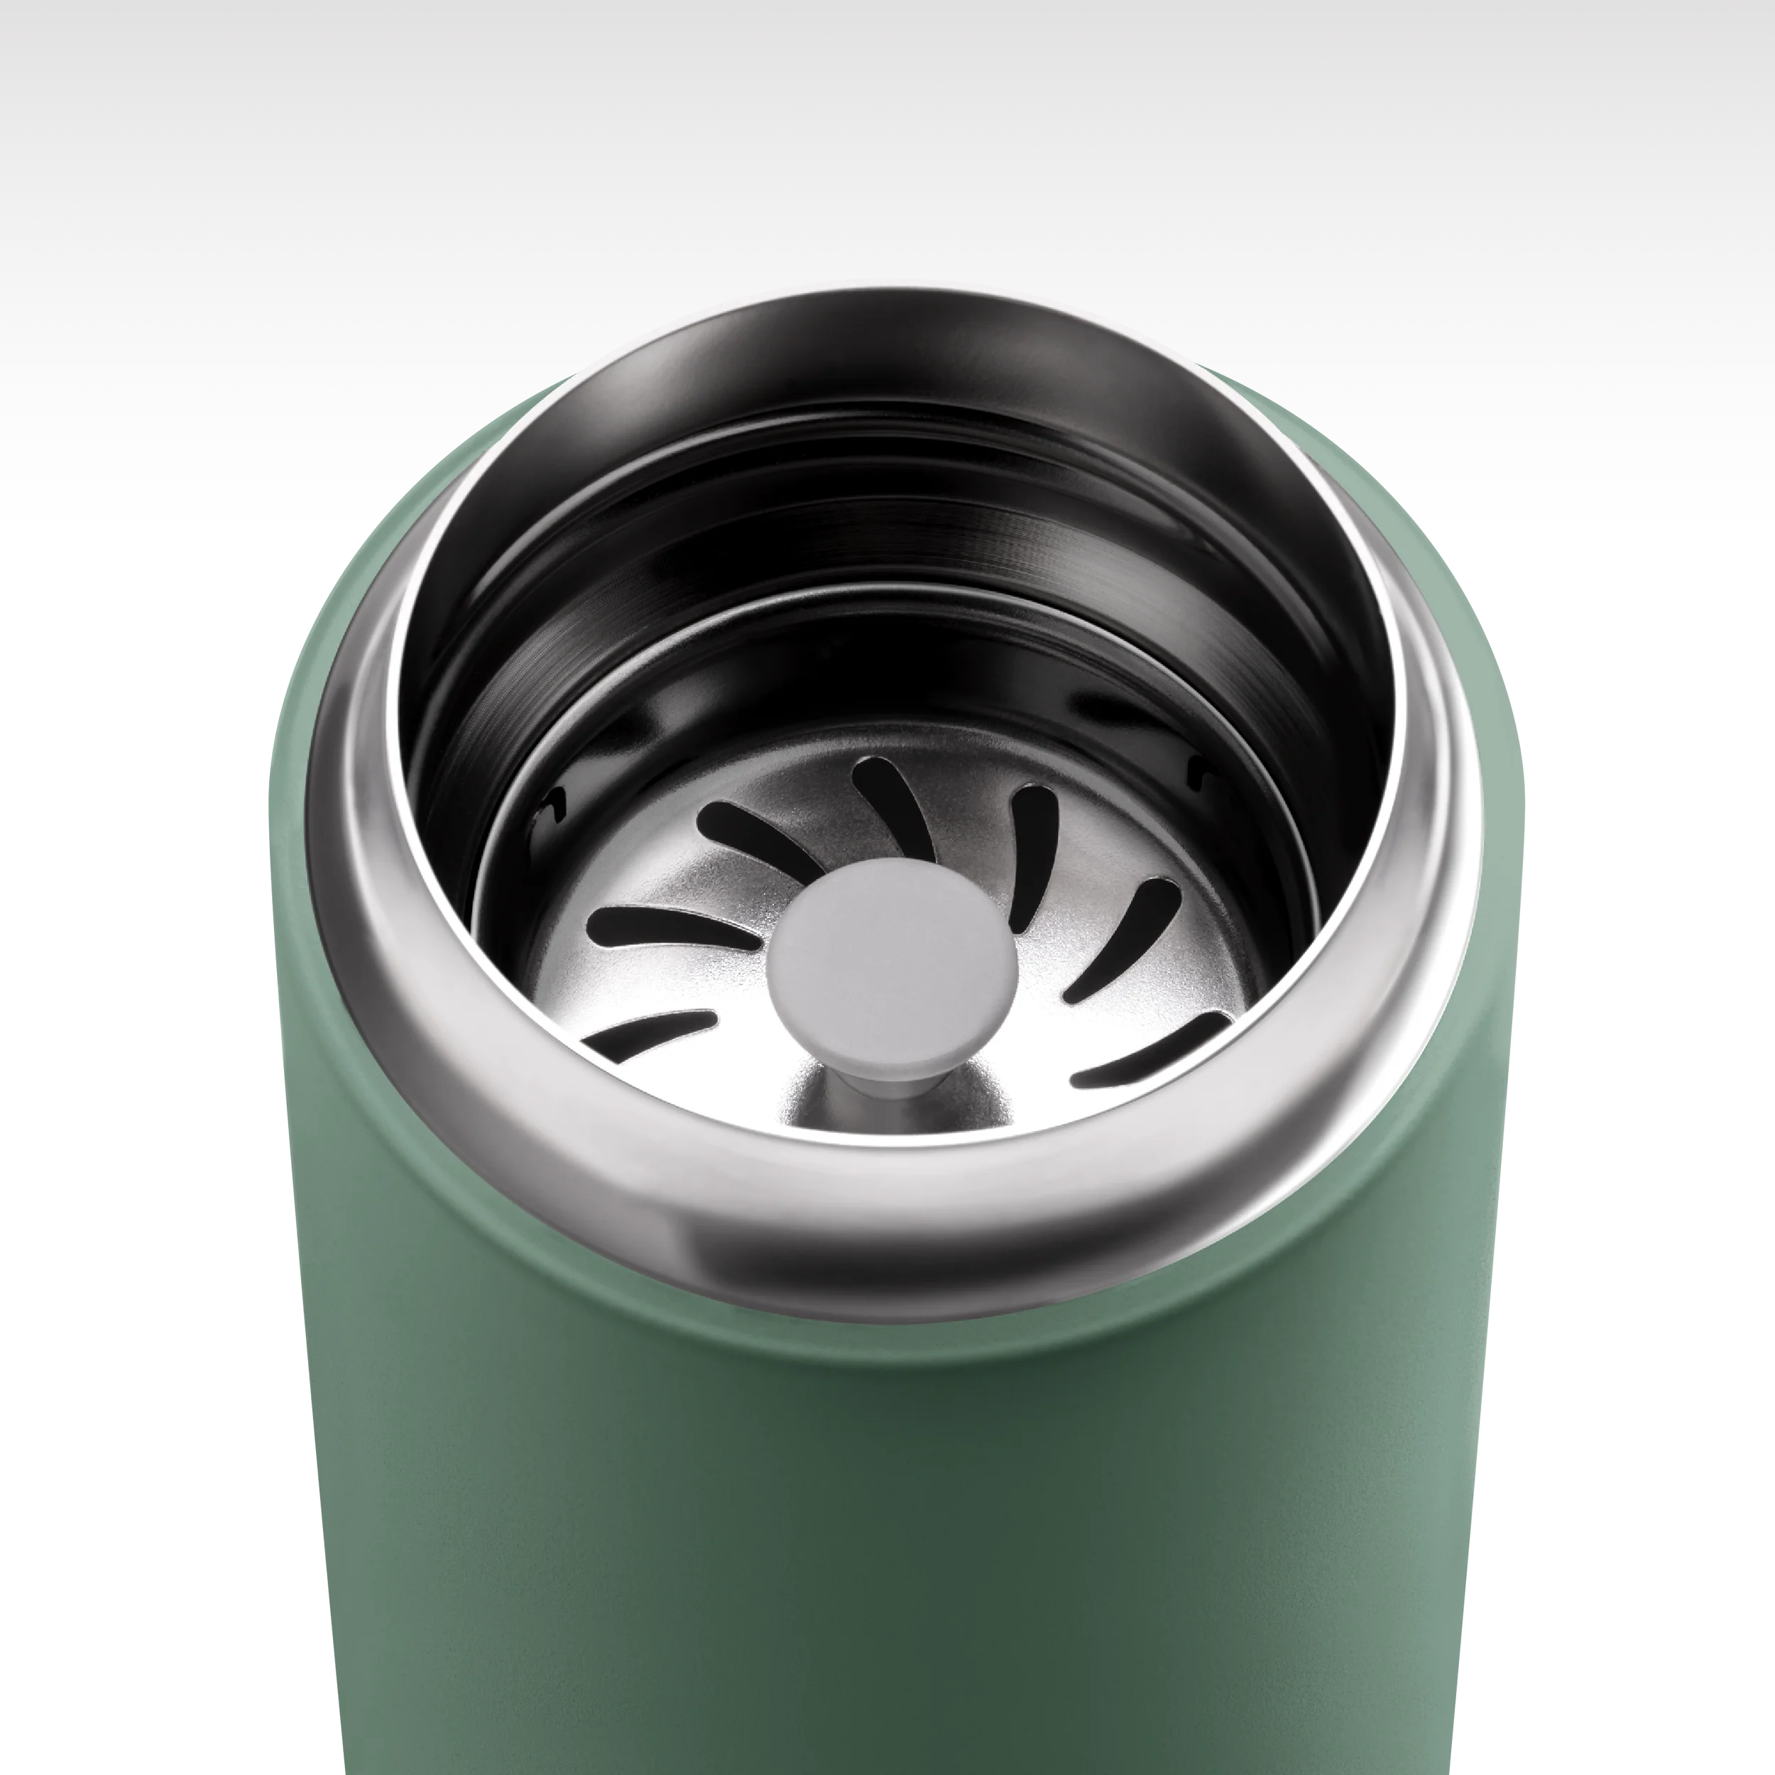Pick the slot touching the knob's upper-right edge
pyautogui.click(x=1034, y=854)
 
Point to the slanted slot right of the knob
pyautogui.click(x=1123, y=937)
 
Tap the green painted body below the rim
pyautogui.click(x=882, y=1516)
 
